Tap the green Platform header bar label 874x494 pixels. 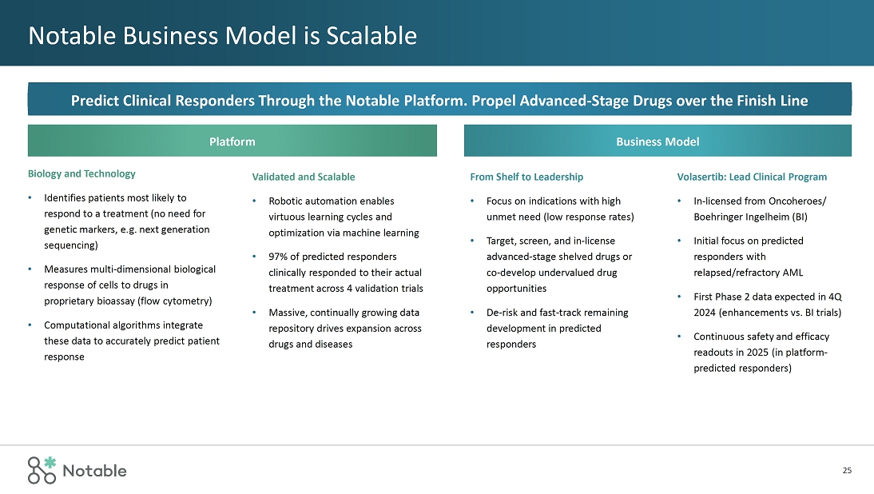click(232, 141)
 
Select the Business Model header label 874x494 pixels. click(657, 141)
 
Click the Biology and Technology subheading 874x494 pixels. click(81, 173)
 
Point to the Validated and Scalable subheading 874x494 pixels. click(304, 177)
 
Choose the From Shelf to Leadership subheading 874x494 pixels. click(526, 177)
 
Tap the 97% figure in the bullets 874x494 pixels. click(280, 257)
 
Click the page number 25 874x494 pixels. click(847, 471)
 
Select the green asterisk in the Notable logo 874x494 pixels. click(50, 462)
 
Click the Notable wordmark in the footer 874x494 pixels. click(94, 471)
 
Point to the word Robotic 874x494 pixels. click(285, 201)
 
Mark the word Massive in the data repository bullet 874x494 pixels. click(287, 313)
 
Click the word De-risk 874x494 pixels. click(505, 313)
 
